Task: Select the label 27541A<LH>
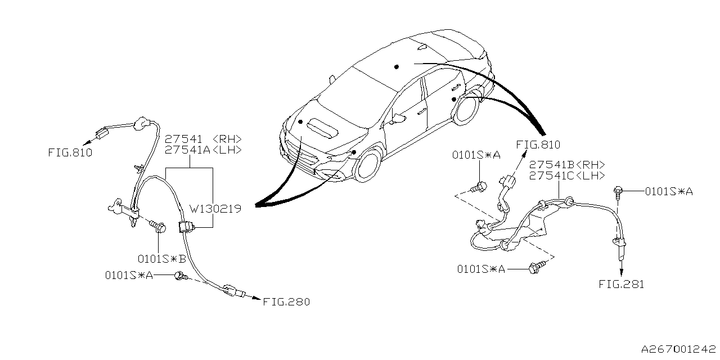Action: pos(203,150)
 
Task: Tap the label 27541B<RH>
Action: pos(567,165)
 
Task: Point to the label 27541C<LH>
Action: pos(567,175)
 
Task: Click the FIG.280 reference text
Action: pos(286,302)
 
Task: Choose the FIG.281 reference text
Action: pos(622,285)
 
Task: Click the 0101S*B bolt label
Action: pos(162,259)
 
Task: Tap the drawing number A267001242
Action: pos(679,349)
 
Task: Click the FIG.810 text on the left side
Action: pos(70,152)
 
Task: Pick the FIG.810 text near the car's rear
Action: pos(538,145)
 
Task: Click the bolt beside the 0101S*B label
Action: pos(160,228)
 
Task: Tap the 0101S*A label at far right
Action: pos(669,192)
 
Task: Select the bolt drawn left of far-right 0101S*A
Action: pos(618,191)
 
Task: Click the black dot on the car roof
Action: pos(397,66)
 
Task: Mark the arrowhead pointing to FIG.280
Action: pos(256,299)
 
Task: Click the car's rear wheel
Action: pos(466,109)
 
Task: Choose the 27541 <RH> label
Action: pos(203,139)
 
